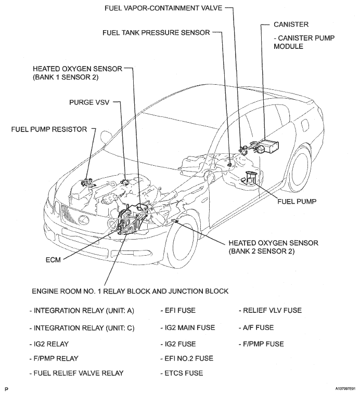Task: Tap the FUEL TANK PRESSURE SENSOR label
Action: tap(156, 32)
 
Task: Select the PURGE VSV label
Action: tap(87, 102)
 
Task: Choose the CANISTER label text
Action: tap(291, 24)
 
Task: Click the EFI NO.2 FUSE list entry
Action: tap(187, 358)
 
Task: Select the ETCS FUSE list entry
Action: tap(182, 373)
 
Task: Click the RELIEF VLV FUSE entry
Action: tap(271, 310)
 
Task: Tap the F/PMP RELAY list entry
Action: tap(54, 358)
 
